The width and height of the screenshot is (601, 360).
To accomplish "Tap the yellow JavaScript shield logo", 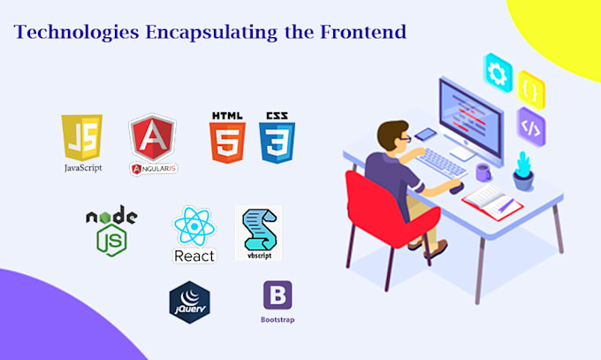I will (x=80, y=138).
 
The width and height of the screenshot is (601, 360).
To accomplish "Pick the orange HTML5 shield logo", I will (x=227, y=137).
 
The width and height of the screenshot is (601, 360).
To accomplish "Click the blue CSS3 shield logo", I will (x=277, y=137).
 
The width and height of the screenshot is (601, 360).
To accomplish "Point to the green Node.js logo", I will (x=110, y=230).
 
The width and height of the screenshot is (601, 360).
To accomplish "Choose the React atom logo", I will (x=194, y=228).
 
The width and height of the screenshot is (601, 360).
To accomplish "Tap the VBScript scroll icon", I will (x=258, y=232).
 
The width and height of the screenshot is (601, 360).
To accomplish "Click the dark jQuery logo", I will (x=190, y=301).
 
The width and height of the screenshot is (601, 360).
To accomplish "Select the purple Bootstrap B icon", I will (x=278, y=295).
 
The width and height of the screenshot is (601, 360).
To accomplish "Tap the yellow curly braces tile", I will (x=530, y=89).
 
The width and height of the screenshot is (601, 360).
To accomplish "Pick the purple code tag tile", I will (x=530, y=126).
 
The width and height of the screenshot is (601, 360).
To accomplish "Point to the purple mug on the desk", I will (x=484, y=170).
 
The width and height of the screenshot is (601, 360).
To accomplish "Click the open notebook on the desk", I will (x=491, y=199).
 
